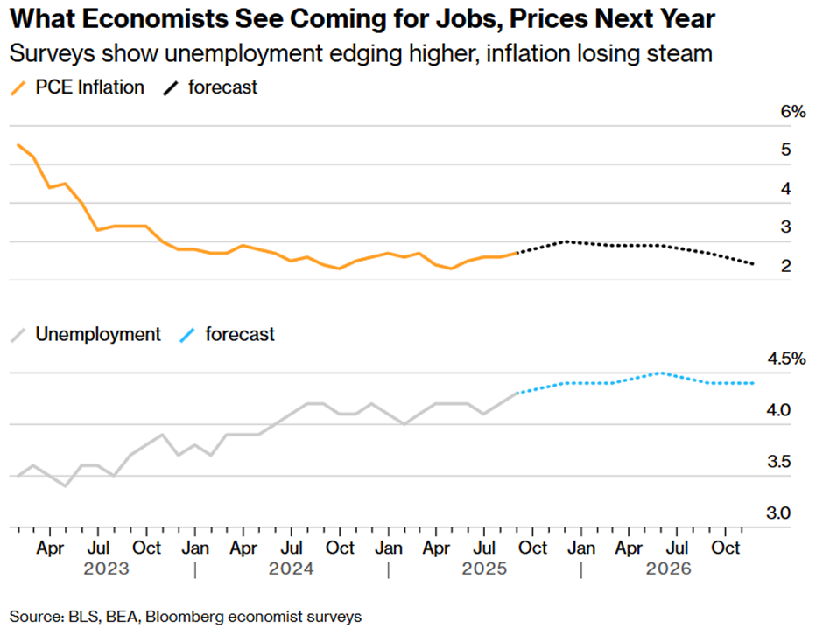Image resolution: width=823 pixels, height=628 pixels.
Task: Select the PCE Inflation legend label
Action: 90,87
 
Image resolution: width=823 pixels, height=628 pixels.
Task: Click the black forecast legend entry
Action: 223,87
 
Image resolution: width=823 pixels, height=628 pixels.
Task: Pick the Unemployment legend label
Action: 98,334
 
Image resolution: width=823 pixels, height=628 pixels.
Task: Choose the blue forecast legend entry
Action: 240,334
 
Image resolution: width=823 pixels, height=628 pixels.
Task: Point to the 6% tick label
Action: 768,112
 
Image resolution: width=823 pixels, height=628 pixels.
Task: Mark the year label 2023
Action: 106,569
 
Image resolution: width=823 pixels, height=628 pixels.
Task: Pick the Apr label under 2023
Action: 50,548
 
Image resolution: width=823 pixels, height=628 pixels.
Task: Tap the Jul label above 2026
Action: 676,548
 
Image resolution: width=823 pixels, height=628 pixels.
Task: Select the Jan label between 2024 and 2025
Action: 387,548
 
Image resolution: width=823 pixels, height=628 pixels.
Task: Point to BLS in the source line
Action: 81,617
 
